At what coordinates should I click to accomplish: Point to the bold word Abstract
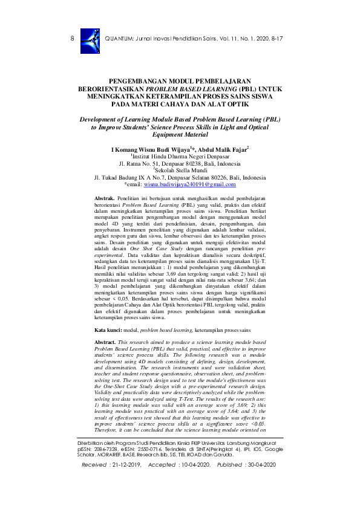[106, 342]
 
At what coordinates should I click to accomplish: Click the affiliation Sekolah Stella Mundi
[181, 170]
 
